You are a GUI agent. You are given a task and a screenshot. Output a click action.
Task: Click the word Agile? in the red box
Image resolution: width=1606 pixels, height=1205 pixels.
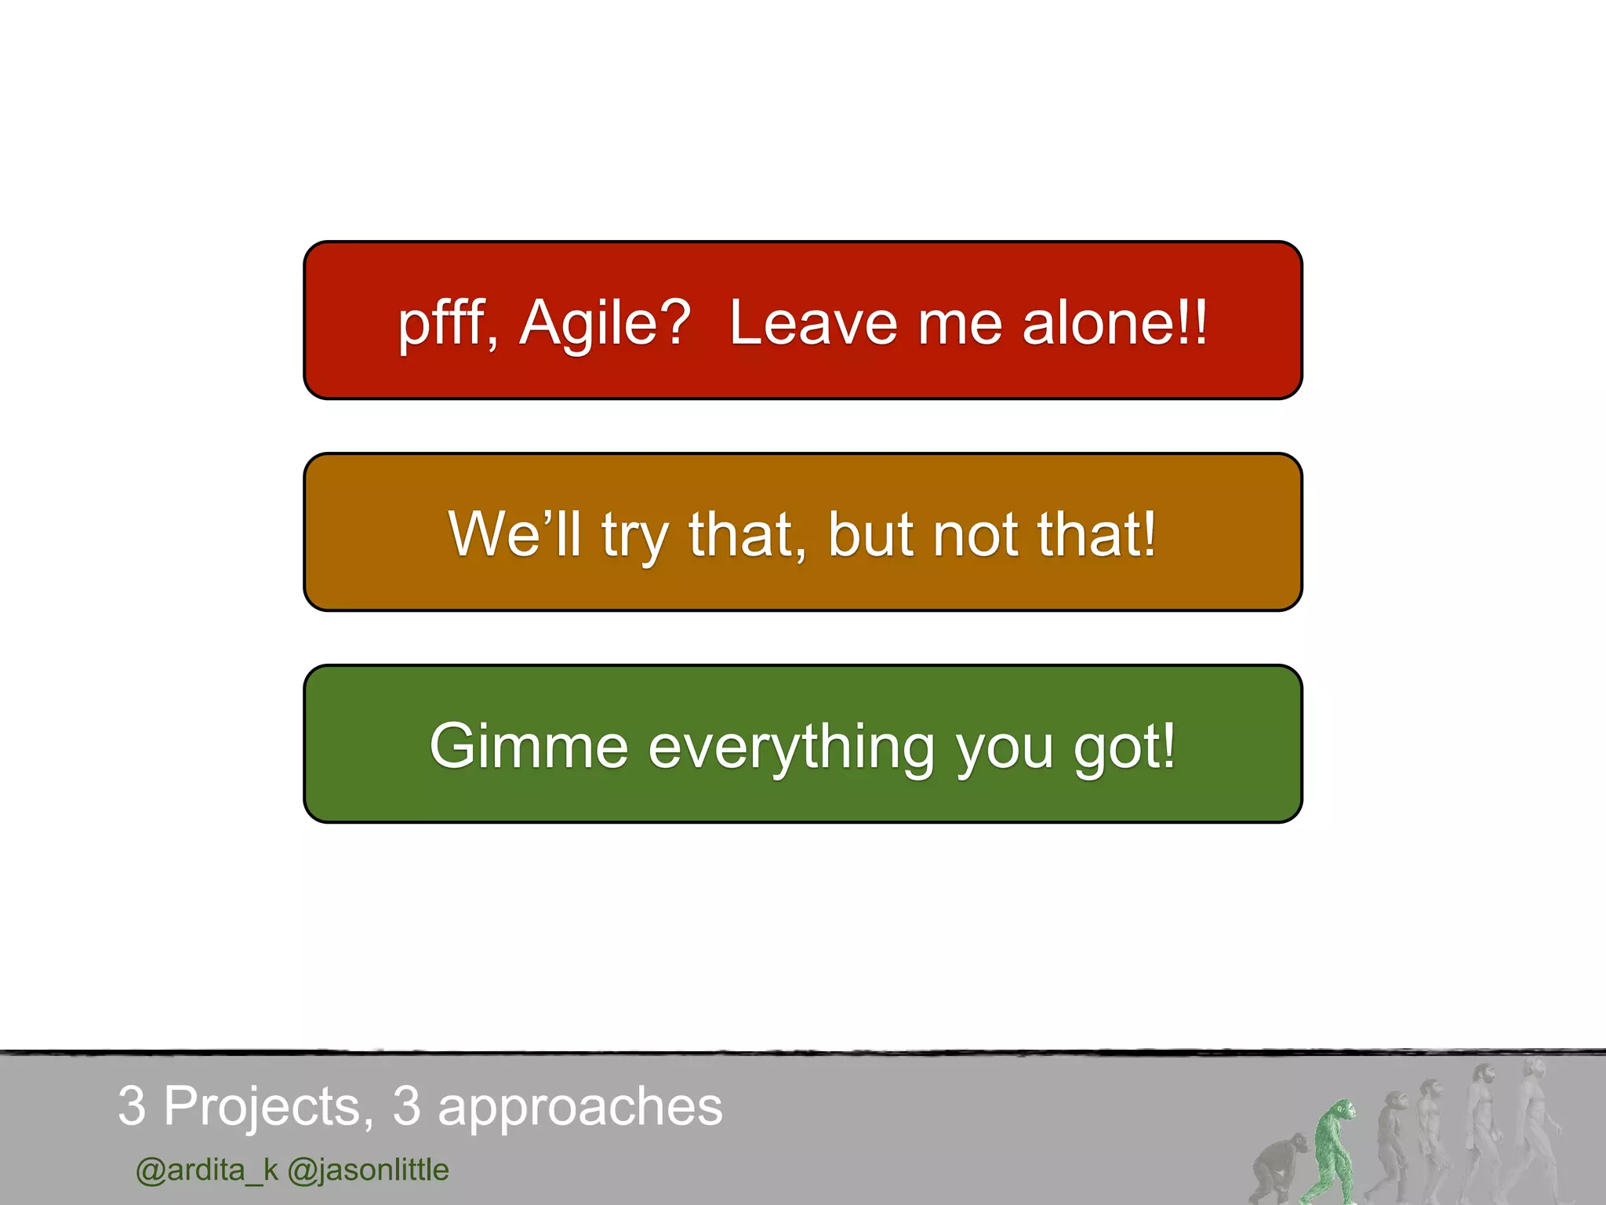tap(605, 323)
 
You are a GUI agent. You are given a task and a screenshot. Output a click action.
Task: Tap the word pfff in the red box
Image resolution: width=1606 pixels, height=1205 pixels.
tap(445, 323)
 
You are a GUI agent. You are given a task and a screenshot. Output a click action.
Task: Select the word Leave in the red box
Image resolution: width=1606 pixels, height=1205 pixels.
tap(813, 323)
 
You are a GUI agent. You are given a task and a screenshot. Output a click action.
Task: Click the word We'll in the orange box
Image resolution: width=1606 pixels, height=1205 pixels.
tap(514, 534)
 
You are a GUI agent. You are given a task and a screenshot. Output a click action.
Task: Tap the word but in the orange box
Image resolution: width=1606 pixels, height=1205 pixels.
tap(870, 534)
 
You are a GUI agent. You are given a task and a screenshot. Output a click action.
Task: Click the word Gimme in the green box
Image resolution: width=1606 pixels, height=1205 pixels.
tap(529, 746)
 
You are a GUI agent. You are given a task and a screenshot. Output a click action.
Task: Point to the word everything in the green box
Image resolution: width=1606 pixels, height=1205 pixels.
tap(791, 748)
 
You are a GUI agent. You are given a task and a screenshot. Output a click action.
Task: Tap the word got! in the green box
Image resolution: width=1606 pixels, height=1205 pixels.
tap(1125, 748)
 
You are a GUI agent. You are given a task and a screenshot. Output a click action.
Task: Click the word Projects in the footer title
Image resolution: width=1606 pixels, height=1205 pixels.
tap(262, 1107)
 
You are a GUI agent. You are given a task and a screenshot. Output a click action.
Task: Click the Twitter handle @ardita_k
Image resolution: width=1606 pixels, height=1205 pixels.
tap(207, 1170)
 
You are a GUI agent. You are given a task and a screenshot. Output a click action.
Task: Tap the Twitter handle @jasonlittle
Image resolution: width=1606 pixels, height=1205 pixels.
tap(368, 1170)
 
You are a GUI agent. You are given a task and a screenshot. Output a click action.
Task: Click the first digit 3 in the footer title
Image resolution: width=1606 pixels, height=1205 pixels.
tap(132, 1106)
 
